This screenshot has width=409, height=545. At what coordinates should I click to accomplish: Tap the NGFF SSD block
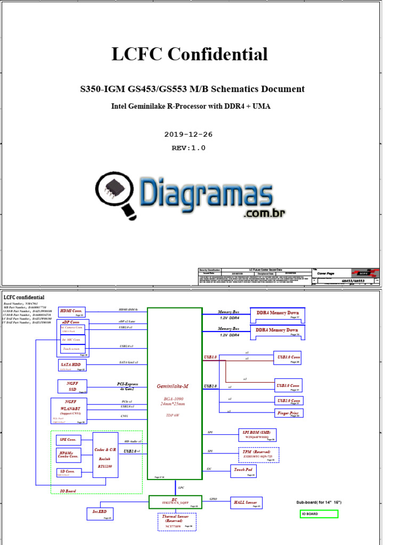click(72, 386)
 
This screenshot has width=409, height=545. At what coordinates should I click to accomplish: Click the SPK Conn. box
click(68, 440)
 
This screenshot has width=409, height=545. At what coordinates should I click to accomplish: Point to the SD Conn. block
click(68, 472)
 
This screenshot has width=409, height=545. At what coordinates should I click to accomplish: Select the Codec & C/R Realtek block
click(105, 455)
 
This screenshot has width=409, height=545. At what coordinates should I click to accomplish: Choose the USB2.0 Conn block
click(288, 400)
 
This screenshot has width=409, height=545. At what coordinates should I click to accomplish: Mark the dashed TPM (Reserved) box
click(258, 454)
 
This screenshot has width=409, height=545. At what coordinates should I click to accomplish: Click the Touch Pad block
click(244, 471)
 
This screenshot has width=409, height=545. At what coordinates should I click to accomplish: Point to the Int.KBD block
click(100, 513)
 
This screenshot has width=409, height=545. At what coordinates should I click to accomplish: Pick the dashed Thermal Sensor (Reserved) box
click(177, 522)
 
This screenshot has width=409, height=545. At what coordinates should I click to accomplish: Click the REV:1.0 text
click(188, 148)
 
